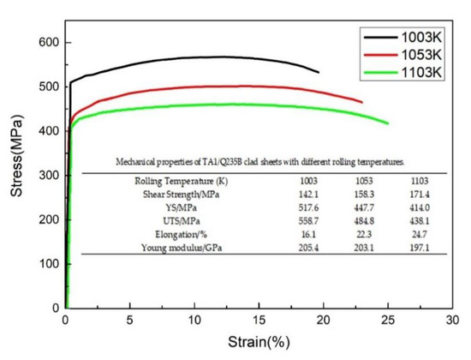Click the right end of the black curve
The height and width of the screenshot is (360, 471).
coord(319,72)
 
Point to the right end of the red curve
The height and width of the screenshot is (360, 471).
coord(361,102)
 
